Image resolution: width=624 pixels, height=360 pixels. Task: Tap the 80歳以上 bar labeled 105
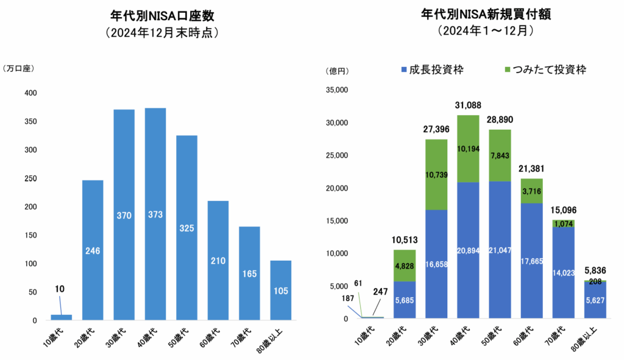coord(280,290)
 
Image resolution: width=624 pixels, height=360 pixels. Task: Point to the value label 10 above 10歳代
coord(59,289)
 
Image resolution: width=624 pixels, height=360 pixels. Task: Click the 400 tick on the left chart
coord(30,93)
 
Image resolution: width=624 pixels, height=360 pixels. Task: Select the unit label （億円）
coord(338,71)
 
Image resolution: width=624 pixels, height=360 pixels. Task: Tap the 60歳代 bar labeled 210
coord(218,260)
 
